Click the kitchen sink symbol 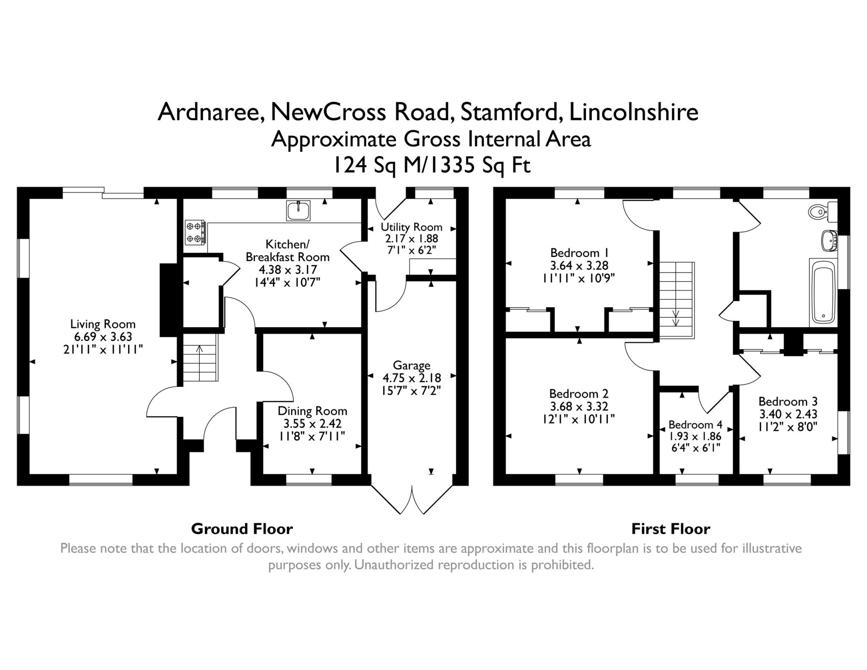coord(298,210)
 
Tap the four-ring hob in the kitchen coord(195,232)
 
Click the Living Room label coord(103,324)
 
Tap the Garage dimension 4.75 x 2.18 coord(411,378)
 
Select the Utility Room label coord(411,227)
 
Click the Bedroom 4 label coord(695,425)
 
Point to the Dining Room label coord(312,411)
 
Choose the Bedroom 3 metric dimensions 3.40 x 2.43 coord(788,414)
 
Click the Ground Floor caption coord(242,529)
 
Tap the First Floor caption coord(671,529)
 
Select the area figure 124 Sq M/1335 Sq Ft coord(432,165)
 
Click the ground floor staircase coord(200,357)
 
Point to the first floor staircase coord(676,300)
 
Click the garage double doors coord(412,499)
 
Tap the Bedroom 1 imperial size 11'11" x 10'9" coord(579,278)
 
